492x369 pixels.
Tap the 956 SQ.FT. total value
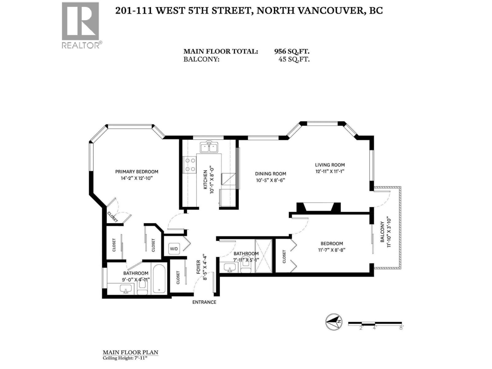(292, 51)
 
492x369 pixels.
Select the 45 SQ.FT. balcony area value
(294, 59)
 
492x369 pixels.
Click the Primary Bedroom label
(137, 172)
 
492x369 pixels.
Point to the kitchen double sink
(209, 148)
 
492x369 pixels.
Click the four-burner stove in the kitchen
(189, 165)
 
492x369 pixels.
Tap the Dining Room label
(270, 174)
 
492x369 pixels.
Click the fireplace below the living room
(318, 207)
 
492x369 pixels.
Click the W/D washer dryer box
(174, 248)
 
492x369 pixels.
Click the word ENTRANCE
(204, 302)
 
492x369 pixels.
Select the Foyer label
(198, 267)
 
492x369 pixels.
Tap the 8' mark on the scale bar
(401, 328)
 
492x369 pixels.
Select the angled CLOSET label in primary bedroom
(113, 217)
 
